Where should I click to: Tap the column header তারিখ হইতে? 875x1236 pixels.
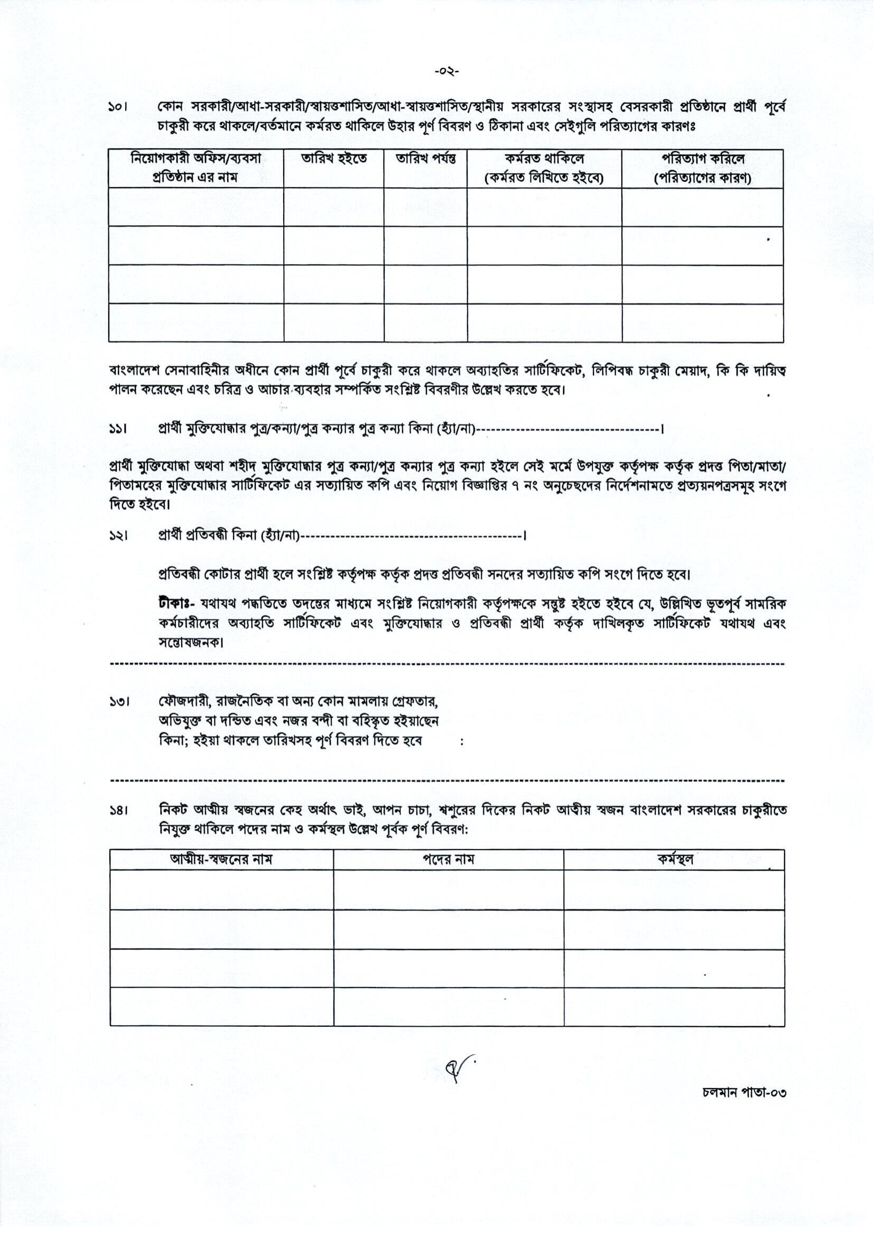tap(333, 159)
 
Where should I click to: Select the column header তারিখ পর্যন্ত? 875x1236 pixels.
tap(426, 159)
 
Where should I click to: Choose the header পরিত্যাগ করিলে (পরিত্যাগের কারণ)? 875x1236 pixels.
tap(703, 168)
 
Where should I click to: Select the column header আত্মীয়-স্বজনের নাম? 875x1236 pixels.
tap(221, 859)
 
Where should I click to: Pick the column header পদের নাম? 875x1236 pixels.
tap(448, 859)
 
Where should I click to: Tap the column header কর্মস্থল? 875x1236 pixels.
tap(674, 859)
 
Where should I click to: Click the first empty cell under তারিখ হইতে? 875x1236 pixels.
tap(333, 208)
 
